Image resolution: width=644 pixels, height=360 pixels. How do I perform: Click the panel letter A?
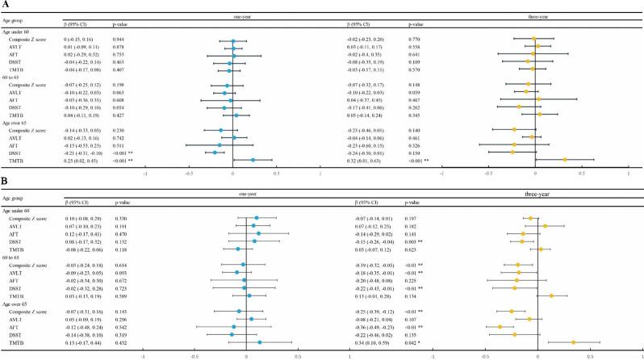pos(6,6)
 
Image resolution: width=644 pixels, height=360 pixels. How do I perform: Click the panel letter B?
pos(6,186)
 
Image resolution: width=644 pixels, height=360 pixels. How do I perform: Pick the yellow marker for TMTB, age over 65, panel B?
pos(573,342)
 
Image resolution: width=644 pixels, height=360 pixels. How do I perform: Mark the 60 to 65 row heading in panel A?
pos(17,75)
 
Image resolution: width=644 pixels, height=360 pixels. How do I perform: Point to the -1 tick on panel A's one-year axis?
pos(145,172)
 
